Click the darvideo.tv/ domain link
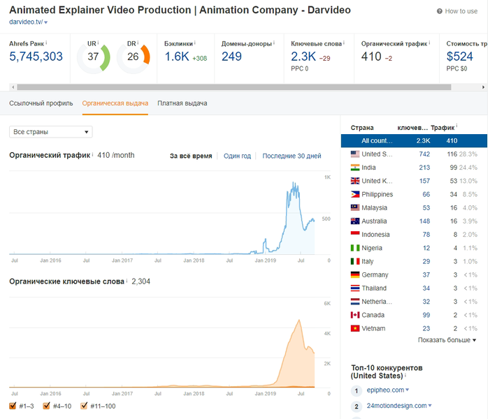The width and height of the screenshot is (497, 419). tap(26, 22)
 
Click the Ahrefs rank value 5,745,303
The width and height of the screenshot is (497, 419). tap(36, 57)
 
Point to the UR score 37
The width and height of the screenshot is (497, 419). tap(93, 57)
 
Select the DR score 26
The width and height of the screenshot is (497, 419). tap(133, 57)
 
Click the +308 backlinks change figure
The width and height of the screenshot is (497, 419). tap(200, 58)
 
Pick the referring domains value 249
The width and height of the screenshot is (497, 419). tap(231, 57)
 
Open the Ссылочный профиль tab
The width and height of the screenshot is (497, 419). tap(41, 103)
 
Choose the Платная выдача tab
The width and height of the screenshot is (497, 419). tap(182, 103)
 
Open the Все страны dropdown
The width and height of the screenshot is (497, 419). tap(51, 132)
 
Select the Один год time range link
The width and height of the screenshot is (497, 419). tap(237, 156)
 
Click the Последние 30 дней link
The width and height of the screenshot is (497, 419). tap(291, 156)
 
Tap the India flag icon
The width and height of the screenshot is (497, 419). tap(355, 168)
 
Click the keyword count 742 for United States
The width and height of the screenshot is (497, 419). tap(424, 154)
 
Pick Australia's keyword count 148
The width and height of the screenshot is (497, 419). tap(424, 221)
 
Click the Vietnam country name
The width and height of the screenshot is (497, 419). tap(373, 328)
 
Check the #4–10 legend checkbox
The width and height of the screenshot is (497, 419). tap(46, 406)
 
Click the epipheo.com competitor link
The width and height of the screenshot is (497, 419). tap(385, 390)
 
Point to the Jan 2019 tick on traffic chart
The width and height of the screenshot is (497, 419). tap(266, 260)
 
